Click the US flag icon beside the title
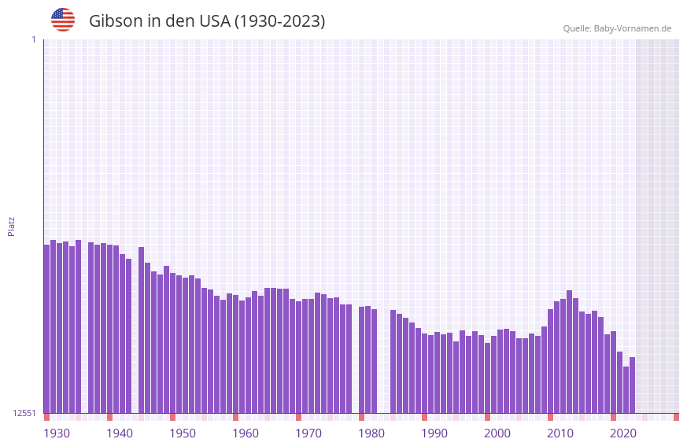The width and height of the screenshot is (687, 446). click(63, 20)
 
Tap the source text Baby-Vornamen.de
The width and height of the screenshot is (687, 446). click(632, 28)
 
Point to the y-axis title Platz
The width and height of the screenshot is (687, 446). click(11, 226)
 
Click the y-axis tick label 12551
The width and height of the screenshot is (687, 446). click(24, 413)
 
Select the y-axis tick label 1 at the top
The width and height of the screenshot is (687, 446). click(33, 39)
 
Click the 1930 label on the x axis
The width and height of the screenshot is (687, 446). click(57, 433)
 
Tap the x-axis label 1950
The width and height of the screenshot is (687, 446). click(183, 433)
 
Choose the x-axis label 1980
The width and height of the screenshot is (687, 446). click(371, 433)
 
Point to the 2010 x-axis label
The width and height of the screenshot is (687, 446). click(560, 433)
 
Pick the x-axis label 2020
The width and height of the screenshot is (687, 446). click(623, 433)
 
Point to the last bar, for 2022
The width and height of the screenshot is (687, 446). click(632, 385)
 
